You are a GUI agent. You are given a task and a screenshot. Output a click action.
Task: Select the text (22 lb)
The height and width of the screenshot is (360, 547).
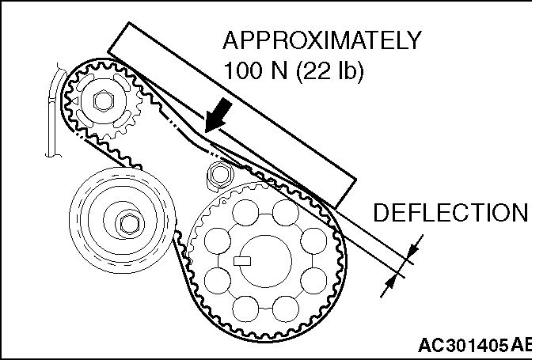[332, 70]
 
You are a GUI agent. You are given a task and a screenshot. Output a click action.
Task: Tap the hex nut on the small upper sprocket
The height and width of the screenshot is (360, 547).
[101, 101]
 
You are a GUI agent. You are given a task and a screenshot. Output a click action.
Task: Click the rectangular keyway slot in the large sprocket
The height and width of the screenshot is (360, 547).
[241, 259]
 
